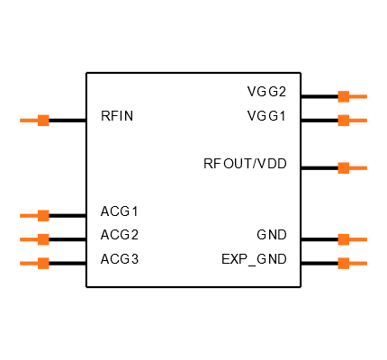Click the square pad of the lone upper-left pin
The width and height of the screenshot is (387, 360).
[x=43, y=120]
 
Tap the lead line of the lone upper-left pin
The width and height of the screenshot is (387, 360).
[x=29, y=120]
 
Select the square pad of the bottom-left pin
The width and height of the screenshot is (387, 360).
[x=43, y=263]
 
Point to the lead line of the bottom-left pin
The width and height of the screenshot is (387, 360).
[x=29, y=263]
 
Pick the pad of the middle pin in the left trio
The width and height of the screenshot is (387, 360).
[x=43, y=239]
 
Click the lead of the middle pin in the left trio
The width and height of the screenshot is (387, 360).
[x=29, y=239]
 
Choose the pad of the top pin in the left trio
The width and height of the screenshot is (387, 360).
[x=43, y=215]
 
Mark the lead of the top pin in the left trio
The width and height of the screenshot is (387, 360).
[x=29, y=215]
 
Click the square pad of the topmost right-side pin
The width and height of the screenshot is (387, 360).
[x=344, y=96]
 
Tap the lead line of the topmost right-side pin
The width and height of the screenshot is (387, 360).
[x=358, y=96]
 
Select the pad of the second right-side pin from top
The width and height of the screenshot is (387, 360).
[x=344, y=120]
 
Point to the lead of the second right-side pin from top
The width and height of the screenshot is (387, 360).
[x=358, y=120]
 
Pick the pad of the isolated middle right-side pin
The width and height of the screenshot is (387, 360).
[x=344, y=167]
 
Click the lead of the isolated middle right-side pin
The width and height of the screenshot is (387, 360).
[x=358, y=167]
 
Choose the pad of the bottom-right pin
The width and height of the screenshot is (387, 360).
[x=344, y=263]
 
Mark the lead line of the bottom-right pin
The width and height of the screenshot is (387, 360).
[x=358, y=263]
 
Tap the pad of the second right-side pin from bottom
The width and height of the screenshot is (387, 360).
[x=344, y=239]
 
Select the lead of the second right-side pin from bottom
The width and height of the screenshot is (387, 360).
[x=358, y=239]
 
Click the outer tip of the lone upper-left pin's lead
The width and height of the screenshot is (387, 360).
[x=21, y=120]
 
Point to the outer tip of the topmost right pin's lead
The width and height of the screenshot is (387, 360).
[x=366, y=96]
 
